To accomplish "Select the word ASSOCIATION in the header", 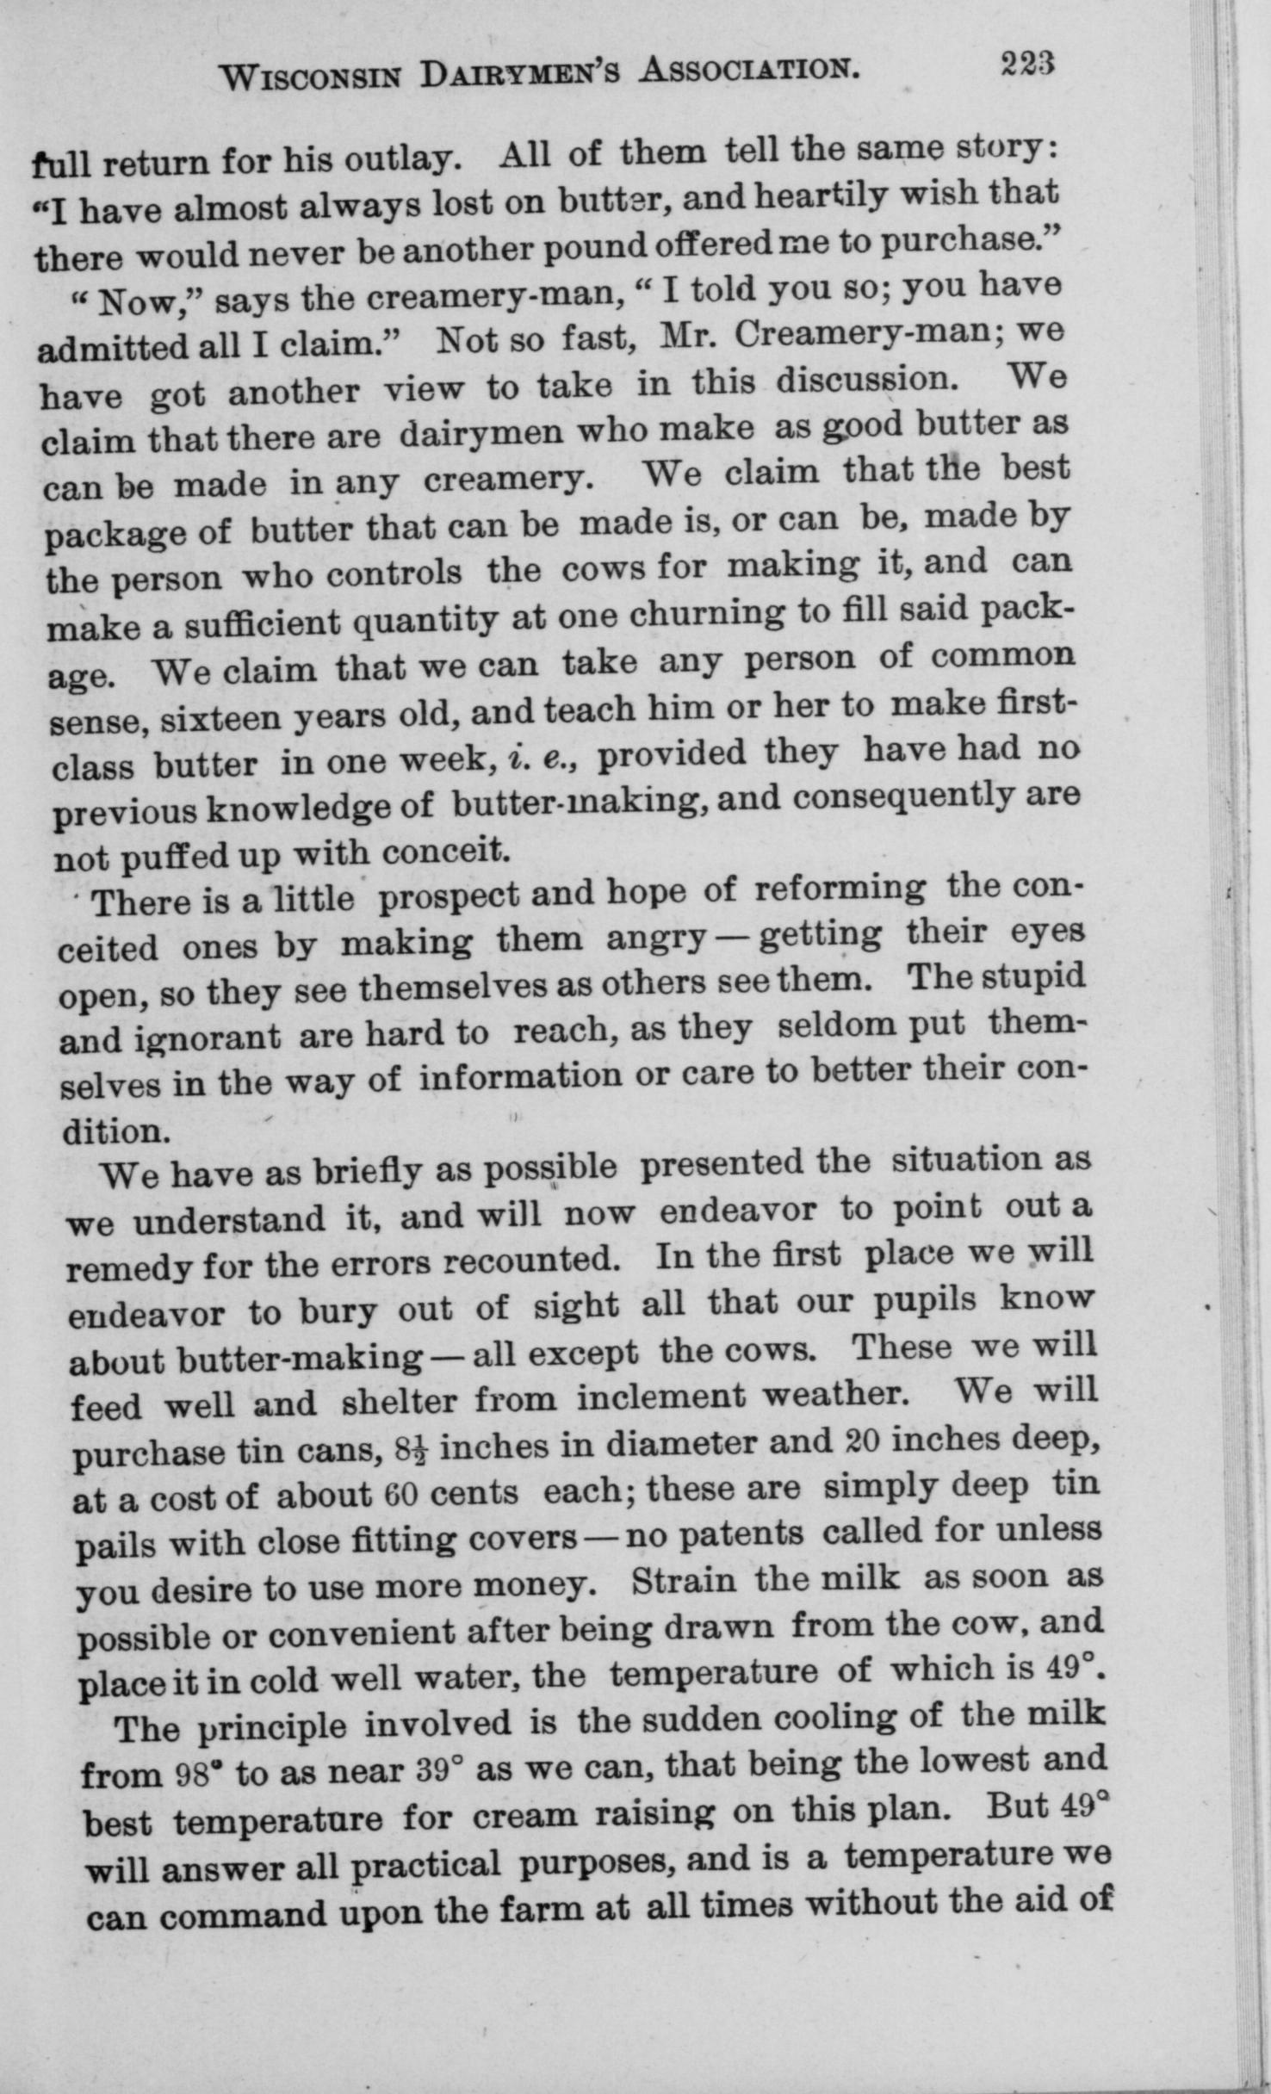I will point(749,71).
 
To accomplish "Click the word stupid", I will point(1033,977).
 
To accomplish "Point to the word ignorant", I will point(208,1038).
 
